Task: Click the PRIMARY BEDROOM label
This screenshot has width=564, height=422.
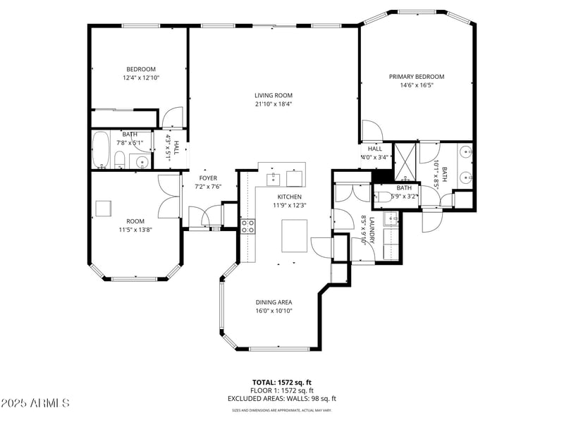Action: click(x=417, y=76)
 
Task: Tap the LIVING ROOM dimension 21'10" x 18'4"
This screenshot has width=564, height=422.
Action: click(x=274, y=104)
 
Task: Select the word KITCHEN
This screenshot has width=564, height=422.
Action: click(x=289, y=197)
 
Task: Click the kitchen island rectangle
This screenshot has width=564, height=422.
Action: click(x=295, y=235)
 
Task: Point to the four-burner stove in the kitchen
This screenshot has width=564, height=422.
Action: click(x=248, y=225)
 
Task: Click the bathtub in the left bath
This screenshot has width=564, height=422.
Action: click(x=102, y=149)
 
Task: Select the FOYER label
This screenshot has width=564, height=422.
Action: click(x=208, y=178)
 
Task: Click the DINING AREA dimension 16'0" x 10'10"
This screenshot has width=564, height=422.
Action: click(x=274, y=310)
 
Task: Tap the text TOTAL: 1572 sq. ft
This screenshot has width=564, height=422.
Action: click(x=282, y=383)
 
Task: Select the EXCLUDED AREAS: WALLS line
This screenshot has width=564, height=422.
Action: click(x=282, y=398)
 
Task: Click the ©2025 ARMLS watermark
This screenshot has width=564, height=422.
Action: click(x=35, y=404)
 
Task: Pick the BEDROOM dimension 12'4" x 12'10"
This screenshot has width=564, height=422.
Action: click(x=140, y=77)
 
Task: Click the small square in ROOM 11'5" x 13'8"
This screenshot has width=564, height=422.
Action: click(x=104, y=208)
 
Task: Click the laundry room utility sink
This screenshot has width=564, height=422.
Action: click(x=390, y=221)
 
